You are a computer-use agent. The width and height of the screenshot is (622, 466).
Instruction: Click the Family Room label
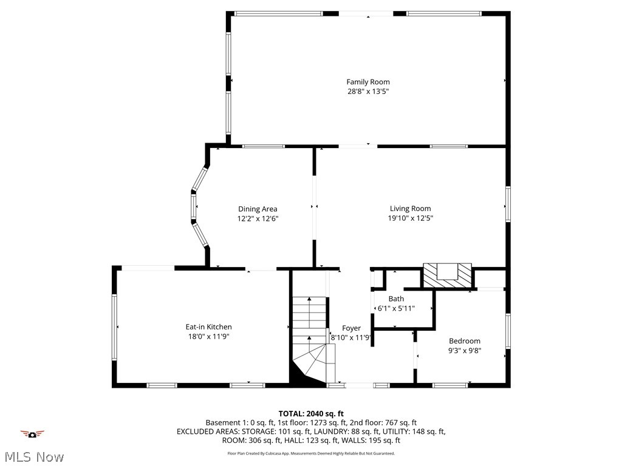pos(368,82)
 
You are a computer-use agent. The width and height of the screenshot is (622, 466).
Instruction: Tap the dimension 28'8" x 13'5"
pos(368,92)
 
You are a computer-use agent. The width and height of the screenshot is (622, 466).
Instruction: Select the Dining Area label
pos(258,209)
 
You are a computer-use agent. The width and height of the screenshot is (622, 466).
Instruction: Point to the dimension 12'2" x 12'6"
pos(258,218)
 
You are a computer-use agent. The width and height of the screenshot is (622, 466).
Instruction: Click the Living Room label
pos(411,209)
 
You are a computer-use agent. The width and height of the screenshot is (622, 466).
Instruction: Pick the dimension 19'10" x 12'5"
pos(411,218)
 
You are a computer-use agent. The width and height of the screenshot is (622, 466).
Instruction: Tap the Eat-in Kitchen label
pos(208,327)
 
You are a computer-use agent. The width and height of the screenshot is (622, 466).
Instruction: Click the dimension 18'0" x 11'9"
pos(208,336)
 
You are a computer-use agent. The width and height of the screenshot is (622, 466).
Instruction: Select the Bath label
pos(396,299)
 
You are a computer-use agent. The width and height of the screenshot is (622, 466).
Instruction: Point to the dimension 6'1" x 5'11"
pos(396,308)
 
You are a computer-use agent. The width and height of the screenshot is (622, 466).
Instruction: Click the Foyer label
pos(351,328)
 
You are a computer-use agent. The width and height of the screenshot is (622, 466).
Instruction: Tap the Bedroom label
pos(465,341)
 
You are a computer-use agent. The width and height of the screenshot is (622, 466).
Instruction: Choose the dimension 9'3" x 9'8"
pos(465,350)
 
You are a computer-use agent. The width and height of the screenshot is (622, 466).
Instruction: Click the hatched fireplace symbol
pos(448,276)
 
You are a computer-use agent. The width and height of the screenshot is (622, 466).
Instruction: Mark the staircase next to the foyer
pos(310,340)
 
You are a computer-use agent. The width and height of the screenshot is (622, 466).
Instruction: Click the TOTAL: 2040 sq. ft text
pos(311,414)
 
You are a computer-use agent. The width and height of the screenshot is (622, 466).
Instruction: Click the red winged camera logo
pos(32,433)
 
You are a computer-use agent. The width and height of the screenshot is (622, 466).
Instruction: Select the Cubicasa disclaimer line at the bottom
pos(311,453)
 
